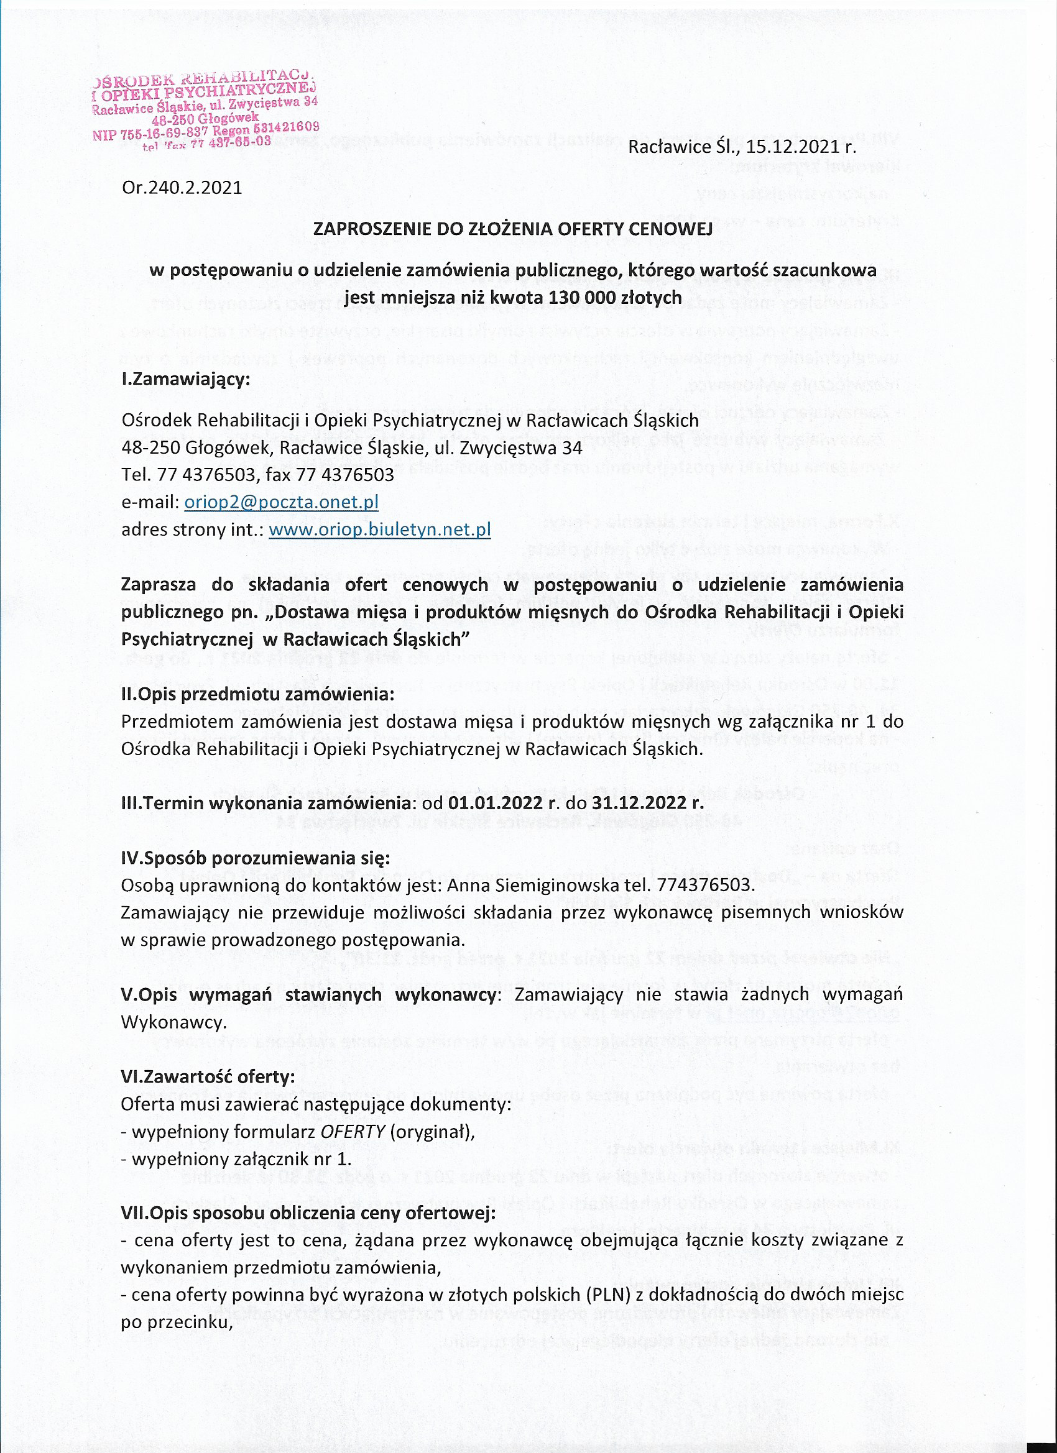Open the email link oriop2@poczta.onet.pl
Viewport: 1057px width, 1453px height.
281,502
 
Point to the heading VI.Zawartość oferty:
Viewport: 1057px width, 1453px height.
208,1077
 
